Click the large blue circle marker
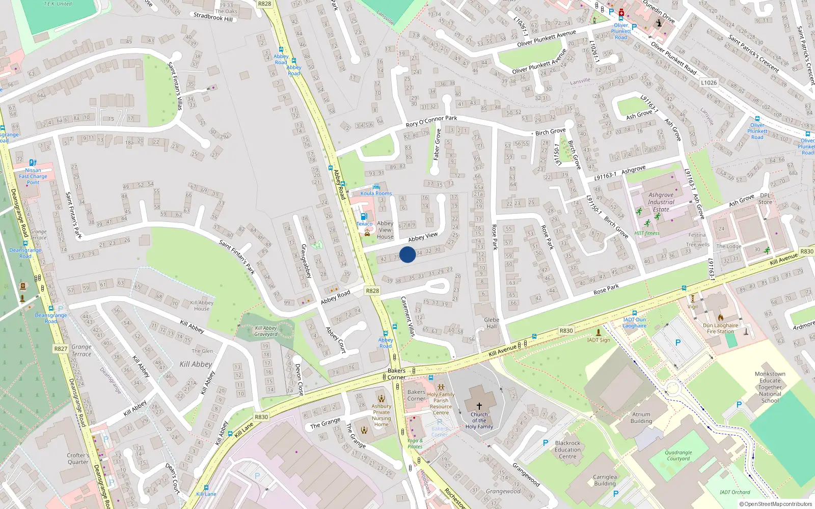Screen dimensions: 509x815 (x=407, y=254)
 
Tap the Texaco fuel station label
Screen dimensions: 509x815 (x=364, y=224)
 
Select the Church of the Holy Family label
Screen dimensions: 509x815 (x=479, y=420)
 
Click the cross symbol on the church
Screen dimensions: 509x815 (x=479, y=406)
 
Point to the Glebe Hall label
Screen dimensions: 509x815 (x=492, y=323)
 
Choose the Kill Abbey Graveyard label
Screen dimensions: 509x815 (x=266, y=331)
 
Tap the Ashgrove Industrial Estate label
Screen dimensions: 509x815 (x=661, y=202)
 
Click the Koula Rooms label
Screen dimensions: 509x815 (x=376, y=193)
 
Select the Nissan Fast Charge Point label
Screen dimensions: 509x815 (x=33, y=176)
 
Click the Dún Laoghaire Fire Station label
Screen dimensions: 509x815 (x=720, y=328)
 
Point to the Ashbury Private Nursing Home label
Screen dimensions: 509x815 (x=381, y=415)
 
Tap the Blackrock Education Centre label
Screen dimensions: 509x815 (x=567, y=449)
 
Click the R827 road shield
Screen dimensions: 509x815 (x=61, y=349)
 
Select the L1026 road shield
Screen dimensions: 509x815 (x=709, y=82)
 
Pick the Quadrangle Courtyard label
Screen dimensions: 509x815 (x=678, y=456)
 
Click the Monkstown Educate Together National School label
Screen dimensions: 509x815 (x=770, y=387)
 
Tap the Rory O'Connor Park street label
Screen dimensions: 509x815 (x=431, y=121)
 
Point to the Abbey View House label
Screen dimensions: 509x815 (x=385, y=230)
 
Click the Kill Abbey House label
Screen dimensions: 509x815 (x=202, y=305)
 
